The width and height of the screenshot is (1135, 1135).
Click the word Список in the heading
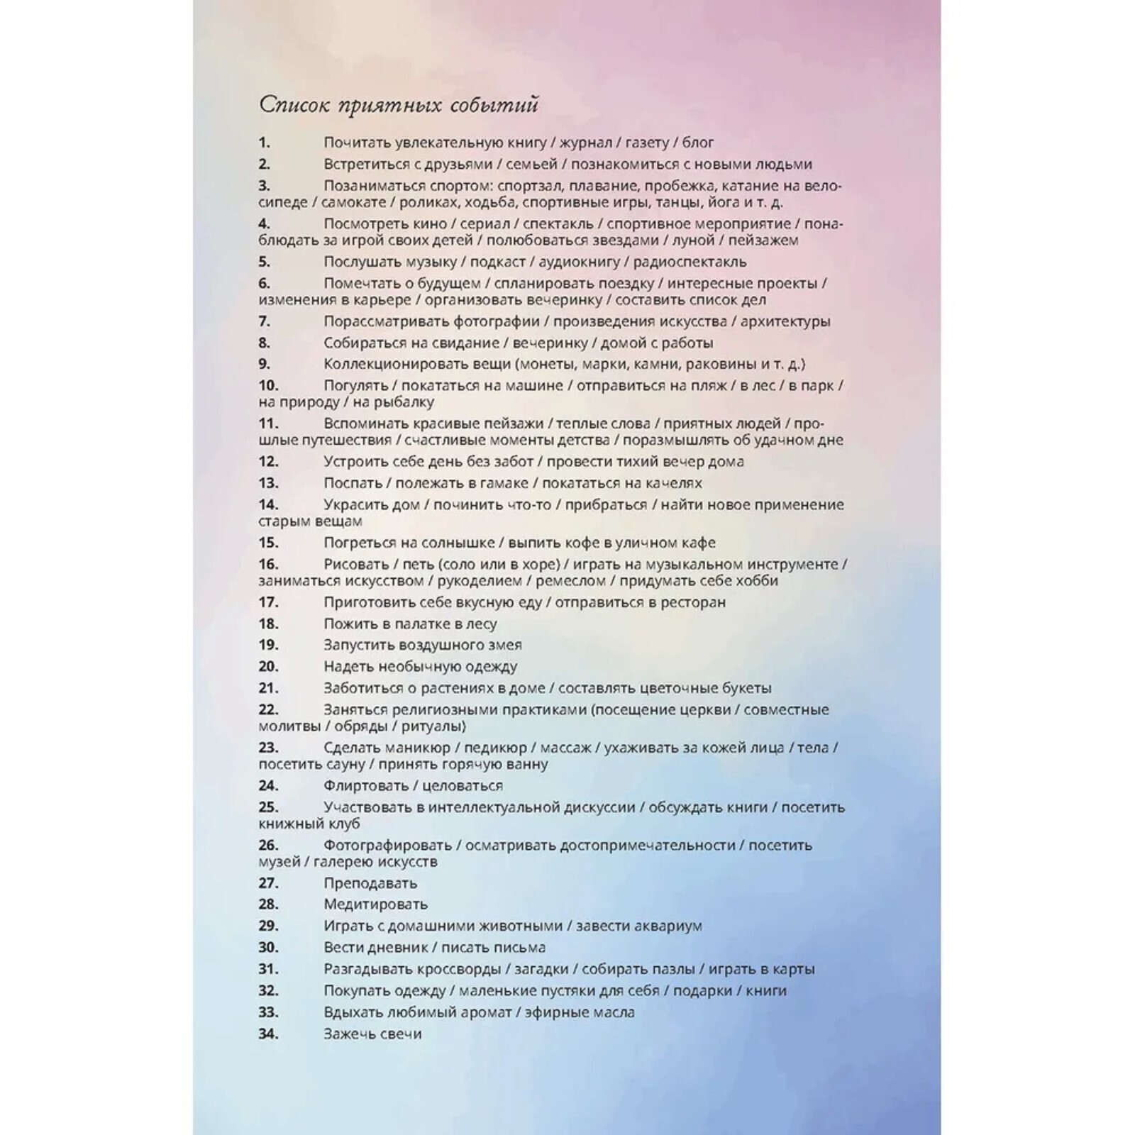[x=294, y=105]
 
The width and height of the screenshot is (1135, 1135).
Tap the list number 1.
[x=264, y=143]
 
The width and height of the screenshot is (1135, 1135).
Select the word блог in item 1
[x=698, y=143]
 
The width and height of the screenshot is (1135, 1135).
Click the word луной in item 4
[x=693, y=240]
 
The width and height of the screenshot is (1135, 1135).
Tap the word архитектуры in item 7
[x=785, y=321]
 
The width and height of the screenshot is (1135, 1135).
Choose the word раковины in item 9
[x=712, y=364]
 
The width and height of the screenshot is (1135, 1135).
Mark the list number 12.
[x=268, y=462]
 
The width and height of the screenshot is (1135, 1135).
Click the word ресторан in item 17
[x=693, y=602]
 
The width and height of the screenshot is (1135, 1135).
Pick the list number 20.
[x=268, y=667]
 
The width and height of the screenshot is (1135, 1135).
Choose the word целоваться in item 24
[x=462, y=786]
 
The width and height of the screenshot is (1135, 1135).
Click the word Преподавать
[x=370, y=883]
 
